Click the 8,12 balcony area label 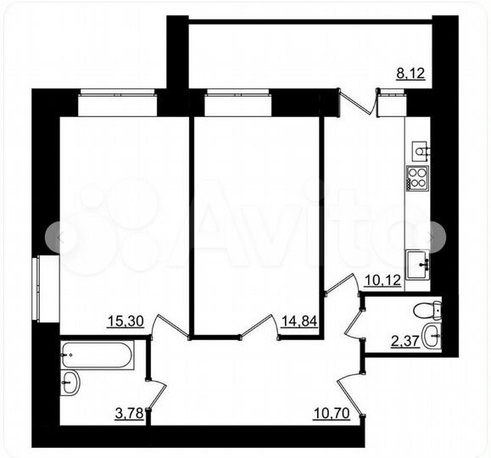coord(410,73)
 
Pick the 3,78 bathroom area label coord(128,414)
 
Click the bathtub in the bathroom coord(98,355)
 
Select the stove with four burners coord(418,179)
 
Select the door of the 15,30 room coord(167,326)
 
